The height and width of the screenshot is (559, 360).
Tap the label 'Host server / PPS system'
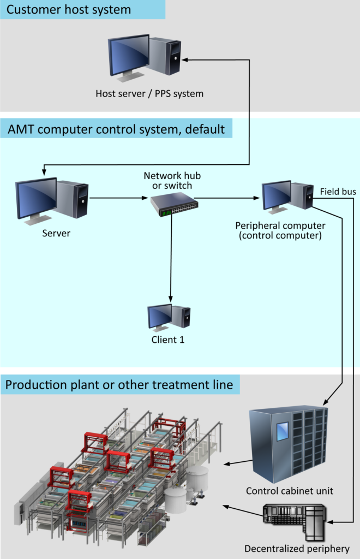coord(149,94)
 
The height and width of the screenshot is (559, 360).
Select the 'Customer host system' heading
coord(69,10)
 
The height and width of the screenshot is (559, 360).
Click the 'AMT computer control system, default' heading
coord(116,129)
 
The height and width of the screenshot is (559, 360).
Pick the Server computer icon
coord(52,201)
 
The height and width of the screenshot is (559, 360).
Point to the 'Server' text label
coord(56,233)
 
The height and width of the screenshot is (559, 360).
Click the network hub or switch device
coord(174,205)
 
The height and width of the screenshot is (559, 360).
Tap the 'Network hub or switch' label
coord(172,181)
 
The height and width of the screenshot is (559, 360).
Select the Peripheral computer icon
coord(287,197)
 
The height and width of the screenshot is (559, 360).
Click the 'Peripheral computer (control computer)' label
coord(280,231)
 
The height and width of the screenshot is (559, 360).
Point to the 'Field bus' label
coord(338,192)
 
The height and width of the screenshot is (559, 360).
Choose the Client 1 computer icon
coord(169,318)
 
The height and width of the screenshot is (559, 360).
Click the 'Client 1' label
coord(168,340)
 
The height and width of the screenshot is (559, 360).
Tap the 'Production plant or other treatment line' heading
coord(119,385)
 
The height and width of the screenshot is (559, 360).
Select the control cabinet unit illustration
coord(289,444)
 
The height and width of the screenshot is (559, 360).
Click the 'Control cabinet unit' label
coord(290,491)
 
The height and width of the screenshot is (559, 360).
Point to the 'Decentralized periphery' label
coord(297,549)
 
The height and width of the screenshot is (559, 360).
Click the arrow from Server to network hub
coord(118,198)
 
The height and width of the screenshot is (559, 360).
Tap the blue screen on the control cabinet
coord(283,431)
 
